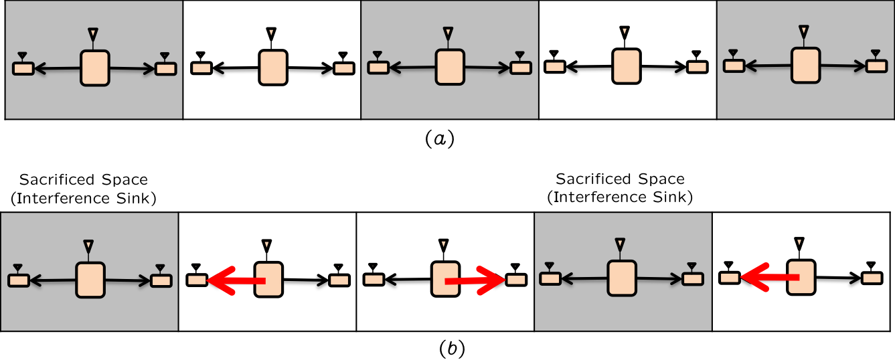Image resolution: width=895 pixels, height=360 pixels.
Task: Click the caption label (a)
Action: click(x=440, y=139)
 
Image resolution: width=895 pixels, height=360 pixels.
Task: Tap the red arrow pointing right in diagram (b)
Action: click(x=476, y=282)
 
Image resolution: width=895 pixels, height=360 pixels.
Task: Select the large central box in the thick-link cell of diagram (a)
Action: click(x=272, y=68)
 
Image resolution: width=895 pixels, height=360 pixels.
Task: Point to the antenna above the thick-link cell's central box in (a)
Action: click(x=271, y=33)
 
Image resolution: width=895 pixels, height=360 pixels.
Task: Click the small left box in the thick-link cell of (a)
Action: click(x=201, y=68)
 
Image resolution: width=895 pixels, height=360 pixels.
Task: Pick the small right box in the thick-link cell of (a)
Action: click(x=344, y=68)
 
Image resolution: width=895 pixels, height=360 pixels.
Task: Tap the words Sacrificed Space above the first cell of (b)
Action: click(x=83, y=180)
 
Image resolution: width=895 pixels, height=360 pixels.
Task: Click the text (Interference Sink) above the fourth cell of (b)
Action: click(x=620, y=197)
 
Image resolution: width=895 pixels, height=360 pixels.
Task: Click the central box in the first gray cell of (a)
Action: click(x=95, y=68)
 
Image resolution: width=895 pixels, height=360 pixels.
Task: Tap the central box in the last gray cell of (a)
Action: click(x=806, y=66)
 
